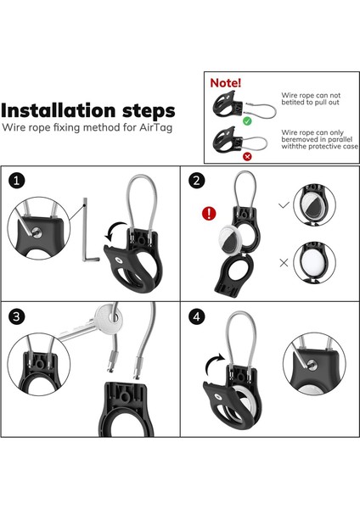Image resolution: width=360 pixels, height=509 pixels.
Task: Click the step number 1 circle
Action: [x=17, y=180]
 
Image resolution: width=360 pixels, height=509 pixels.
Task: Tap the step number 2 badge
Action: [x=197, y=180]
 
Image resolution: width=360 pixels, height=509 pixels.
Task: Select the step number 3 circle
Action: [x=17, y=316]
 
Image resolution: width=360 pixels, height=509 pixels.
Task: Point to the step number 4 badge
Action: [x=197, y=316]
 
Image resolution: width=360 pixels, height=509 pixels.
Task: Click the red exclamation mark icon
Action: [x=209, y=213]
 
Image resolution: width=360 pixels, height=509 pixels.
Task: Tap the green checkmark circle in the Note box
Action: [x=247, y=121]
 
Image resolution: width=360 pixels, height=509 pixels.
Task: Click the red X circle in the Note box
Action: [x=247, y=156]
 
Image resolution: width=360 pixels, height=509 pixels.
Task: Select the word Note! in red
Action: [x=226, y=83]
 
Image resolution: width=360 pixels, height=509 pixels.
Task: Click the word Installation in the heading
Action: [x=59, y=110]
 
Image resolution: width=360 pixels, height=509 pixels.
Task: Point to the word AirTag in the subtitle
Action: [x=155, y=127]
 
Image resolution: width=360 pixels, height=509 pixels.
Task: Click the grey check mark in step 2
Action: [x=284, y=204]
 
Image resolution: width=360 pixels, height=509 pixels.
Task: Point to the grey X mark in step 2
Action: [x=284, y=263]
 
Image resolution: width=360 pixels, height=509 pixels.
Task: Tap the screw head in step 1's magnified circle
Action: [x=37, y=232]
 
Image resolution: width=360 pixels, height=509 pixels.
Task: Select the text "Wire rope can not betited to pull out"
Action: [x=311, y=98]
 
